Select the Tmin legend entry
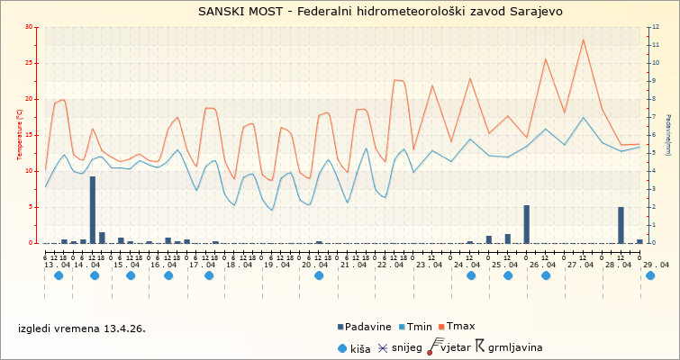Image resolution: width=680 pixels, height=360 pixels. click(419, 327)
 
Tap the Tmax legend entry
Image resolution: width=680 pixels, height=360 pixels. click(460, 327)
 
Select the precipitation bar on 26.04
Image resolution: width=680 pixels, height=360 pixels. click(527, 224)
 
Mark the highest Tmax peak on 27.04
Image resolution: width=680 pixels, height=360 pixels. click(584, 40)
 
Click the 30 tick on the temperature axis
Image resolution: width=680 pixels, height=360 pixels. click(30, 27)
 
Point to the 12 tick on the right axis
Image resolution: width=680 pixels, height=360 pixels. click(657, 27)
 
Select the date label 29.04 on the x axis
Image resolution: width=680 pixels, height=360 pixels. click(656, 265)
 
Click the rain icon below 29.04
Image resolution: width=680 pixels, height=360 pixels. click(650, 276)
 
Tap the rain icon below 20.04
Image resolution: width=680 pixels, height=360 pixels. click(319, 276)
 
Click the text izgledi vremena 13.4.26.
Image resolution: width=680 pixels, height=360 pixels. click(82, 328)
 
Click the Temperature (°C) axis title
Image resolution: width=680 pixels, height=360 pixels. click(20, 135)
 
